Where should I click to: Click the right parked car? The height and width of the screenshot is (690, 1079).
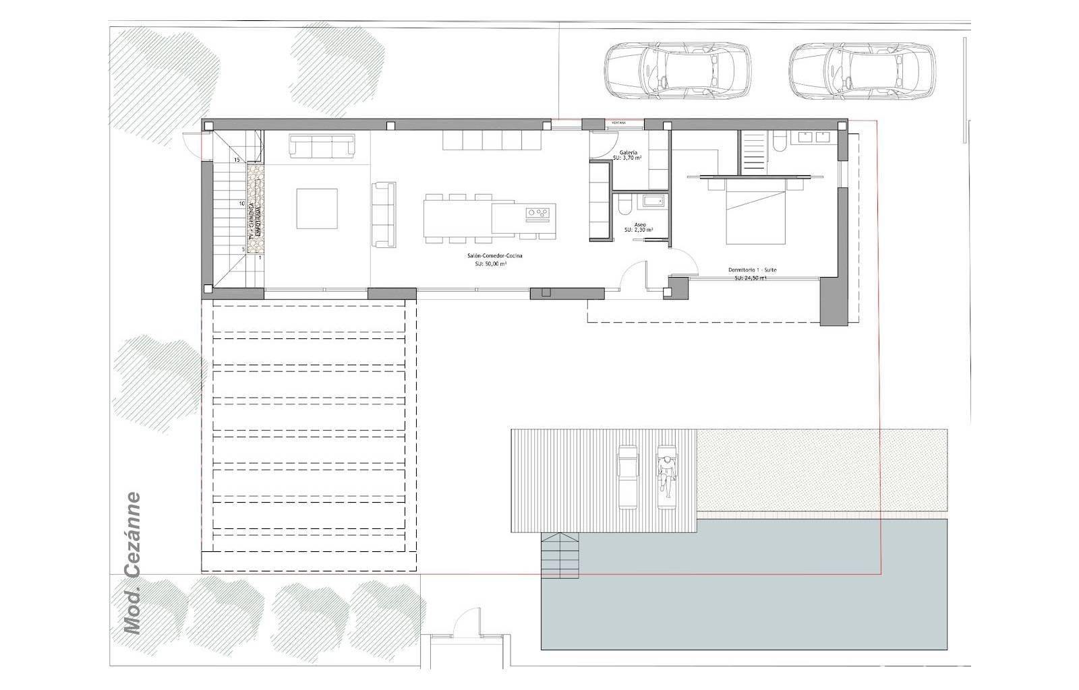tap(862, 72)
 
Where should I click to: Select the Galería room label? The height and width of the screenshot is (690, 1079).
tap(628, 153)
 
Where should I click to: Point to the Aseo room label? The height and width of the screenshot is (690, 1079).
tap(640, 225)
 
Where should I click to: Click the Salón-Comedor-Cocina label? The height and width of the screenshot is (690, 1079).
tap(494, 257)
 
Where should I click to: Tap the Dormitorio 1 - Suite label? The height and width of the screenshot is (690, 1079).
tap(752, 270)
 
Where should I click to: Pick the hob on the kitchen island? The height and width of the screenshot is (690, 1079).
tap(538, 214)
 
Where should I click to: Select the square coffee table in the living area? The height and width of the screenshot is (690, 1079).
tap(317, 209)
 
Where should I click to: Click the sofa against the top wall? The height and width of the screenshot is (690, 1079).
tap(322, 146)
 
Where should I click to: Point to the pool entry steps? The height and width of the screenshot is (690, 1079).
tap(560, 555)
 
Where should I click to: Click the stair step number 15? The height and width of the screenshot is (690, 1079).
tap(237, 160)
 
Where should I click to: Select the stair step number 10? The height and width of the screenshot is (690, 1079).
tap(241, 203)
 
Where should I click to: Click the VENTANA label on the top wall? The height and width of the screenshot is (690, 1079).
tap(618, 123)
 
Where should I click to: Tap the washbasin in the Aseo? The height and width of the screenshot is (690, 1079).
tap(653, 200)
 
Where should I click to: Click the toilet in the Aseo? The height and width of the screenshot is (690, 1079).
tap(624, 203)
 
